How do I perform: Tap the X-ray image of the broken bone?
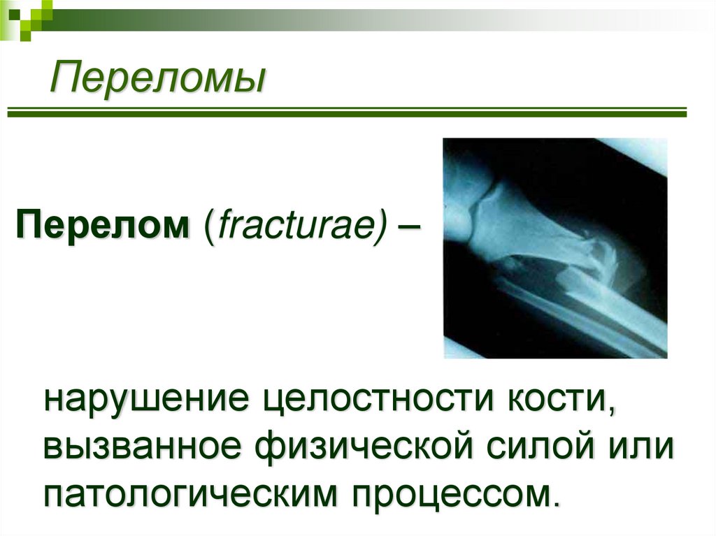pos(555,248)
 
